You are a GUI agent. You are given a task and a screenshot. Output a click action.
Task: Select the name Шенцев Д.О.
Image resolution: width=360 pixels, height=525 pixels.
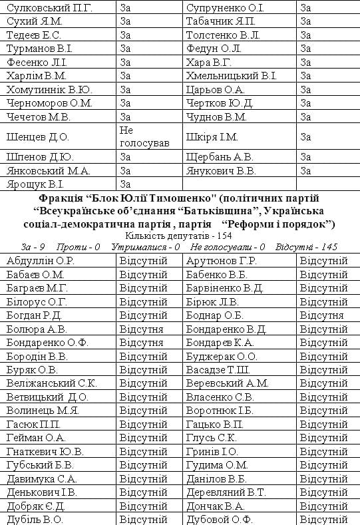pyautogui.click(x=38, y=137)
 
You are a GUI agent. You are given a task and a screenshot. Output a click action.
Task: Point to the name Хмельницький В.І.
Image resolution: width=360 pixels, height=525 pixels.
pyautogui.click(x=232, y=75)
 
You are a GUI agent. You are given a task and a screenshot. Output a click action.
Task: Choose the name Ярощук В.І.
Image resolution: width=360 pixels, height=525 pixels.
pyautogui.click(x=35, y=184)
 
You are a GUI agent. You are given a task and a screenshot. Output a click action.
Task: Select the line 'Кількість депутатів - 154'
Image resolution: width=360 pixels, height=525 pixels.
pyautogui.click(x=180, y=236)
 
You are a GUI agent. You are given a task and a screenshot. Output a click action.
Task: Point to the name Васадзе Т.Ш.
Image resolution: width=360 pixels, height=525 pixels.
pyautogui.click(x=218, y=370)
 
